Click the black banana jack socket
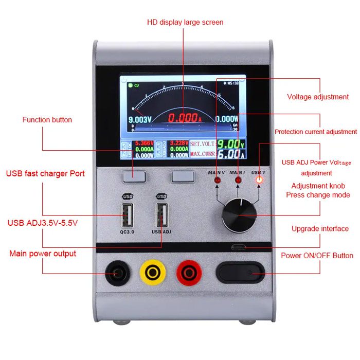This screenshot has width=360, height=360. (116, 274)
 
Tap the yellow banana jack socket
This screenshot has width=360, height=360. (153, 273)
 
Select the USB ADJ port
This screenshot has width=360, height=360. (162, 214)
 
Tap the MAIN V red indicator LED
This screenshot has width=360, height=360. (218, 181)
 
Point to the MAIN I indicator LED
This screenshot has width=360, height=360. (238, 181)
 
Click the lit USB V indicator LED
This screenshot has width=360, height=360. (259, 180)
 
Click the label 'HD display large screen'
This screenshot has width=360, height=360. (185, 22)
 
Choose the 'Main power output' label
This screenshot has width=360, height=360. (43, 254)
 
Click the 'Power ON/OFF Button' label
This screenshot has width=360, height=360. (317, 256)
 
